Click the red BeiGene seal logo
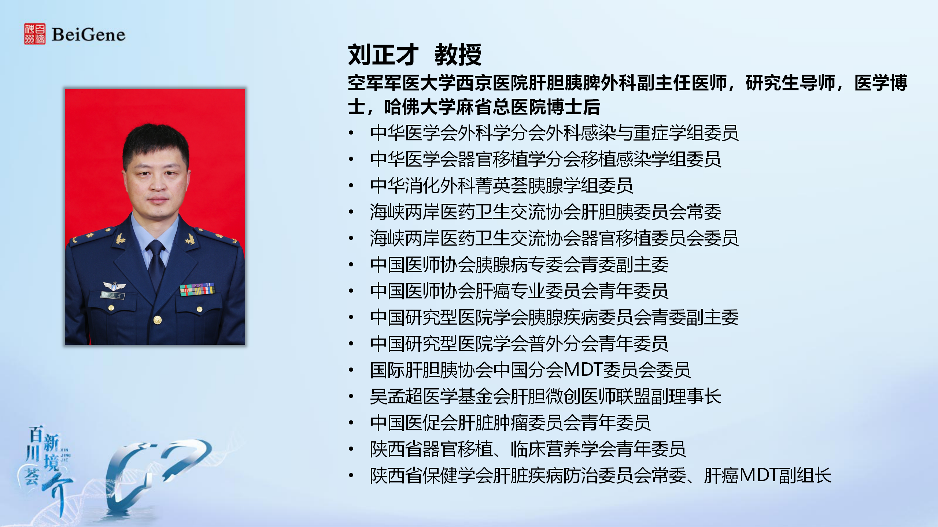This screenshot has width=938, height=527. pos(35,34)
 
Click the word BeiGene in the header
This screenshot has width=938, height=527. pos(89,34)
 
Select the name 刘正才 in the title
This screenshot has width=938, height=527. pos(383,55)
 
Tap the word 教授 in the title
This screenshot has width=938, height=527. pos(458,55)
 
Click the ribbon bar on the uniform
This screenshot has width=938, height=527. pos(197,289)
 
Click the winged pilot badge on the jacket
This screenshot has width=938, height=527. pos(114,286)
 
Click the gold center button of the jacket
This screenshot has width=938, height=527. pos(158,320)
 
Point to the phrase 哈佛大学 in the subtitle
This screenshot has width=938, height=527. pos(420,107)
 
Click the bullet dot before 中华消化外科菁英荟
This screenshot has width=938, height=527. pos(351,185)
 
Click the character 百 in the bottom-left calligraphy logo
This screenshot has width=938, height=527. pos(36,434)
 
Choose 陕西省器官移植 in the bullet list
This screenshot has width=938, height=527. pos(431,449)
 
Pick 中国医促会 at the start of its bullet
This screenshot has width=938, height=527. pos(414,422)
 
